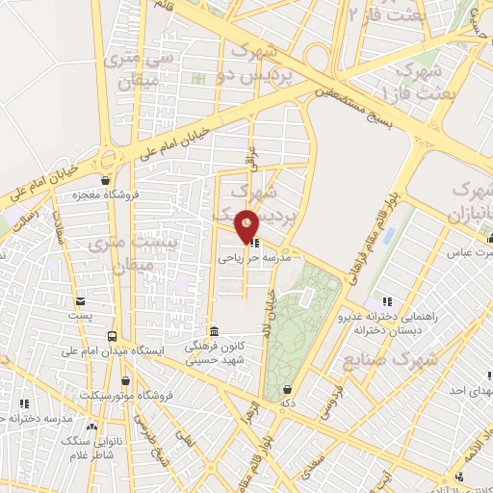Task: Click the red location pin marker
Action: [246, 225]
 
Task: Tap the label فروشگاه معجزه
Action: [106, 195]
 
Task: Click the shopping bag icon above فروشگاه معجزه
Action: [106, 180]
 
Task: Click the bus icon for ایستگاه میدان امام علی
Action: [113, 336]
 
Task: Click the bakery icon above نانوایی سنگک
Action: [92, 427]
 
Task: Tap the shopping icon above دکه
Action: [287, 389]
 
